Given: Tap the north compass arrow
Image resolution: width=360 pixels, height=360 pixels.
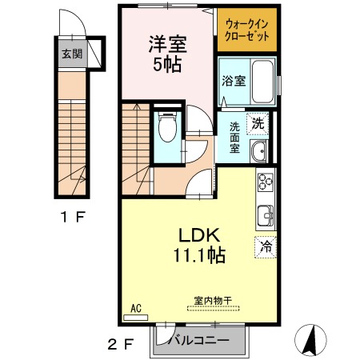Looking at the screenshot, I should coord(310,340).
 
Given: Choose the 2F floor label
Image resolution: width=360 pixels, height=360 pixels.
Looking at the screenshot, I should coord(118,346).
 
